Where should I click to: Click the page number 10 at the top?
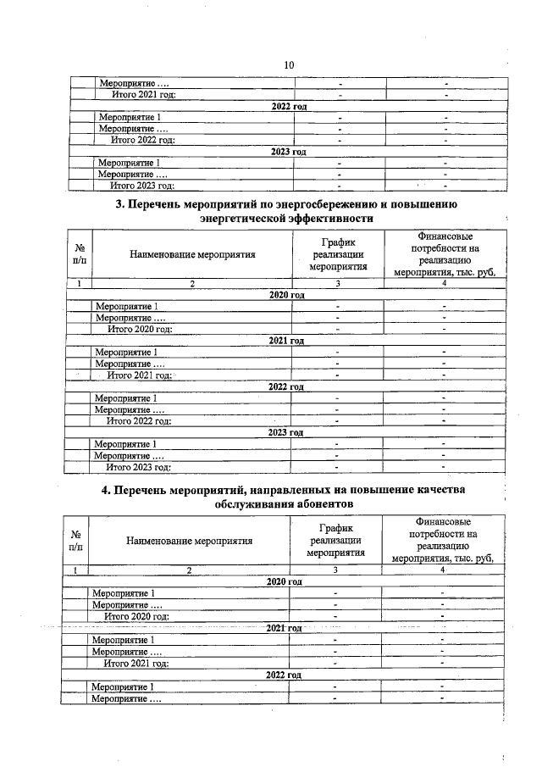click(x=288, y=65)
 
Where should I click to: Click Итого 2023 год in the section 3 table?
click(x=138, y=466)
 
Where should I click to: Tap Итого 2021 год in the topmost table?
click(x=143, y=94)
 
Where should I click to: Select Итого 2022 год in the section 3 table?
click(x=139, y=420)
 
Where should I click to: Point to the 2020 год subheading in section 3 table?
click(x=286, y=294)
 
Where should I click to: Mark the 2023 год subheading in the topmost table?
click(x=288, y=151)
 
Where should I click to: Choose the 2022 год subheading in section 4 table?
click(x=284, y=675)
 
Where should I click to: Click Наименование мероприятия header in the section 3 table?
click(x=192, y=253)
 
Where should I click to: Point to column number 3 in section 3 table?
click(x=337, y=283)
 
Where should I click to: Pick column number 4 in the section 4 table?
click(x=442, y=570)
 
